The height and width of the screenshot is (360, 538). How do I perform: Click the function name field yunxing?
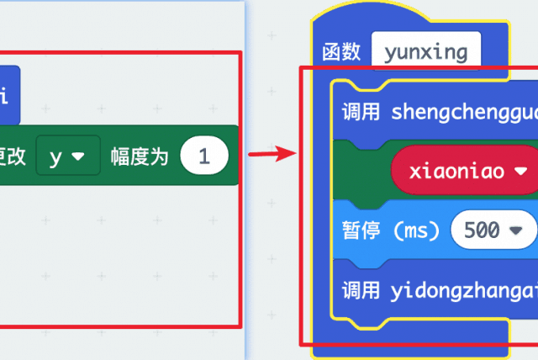425,52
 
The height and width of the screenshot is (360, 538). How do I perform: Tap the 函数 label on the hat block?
341,52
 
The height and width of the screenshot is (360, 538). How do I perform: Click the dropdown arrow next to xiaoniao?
521,171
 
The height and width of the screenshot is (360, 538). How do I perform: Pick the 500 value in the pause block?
482,230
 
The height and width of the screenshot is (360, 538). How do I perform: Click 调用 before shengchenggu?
361,113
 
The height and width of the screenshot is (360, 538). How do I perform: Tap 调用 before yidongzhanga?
361,291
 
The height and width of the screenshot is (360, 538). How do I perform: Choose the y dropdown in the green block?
67,156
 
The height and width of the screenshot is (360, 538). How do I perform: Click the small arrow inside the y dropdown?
79,156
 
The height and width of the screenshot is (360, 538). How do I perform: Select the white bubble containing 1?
203,156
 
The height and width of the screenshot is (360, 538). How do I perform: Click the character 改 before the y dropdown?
18,156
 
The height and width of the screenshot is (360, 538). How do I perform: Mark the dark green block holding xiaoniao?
361,171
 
